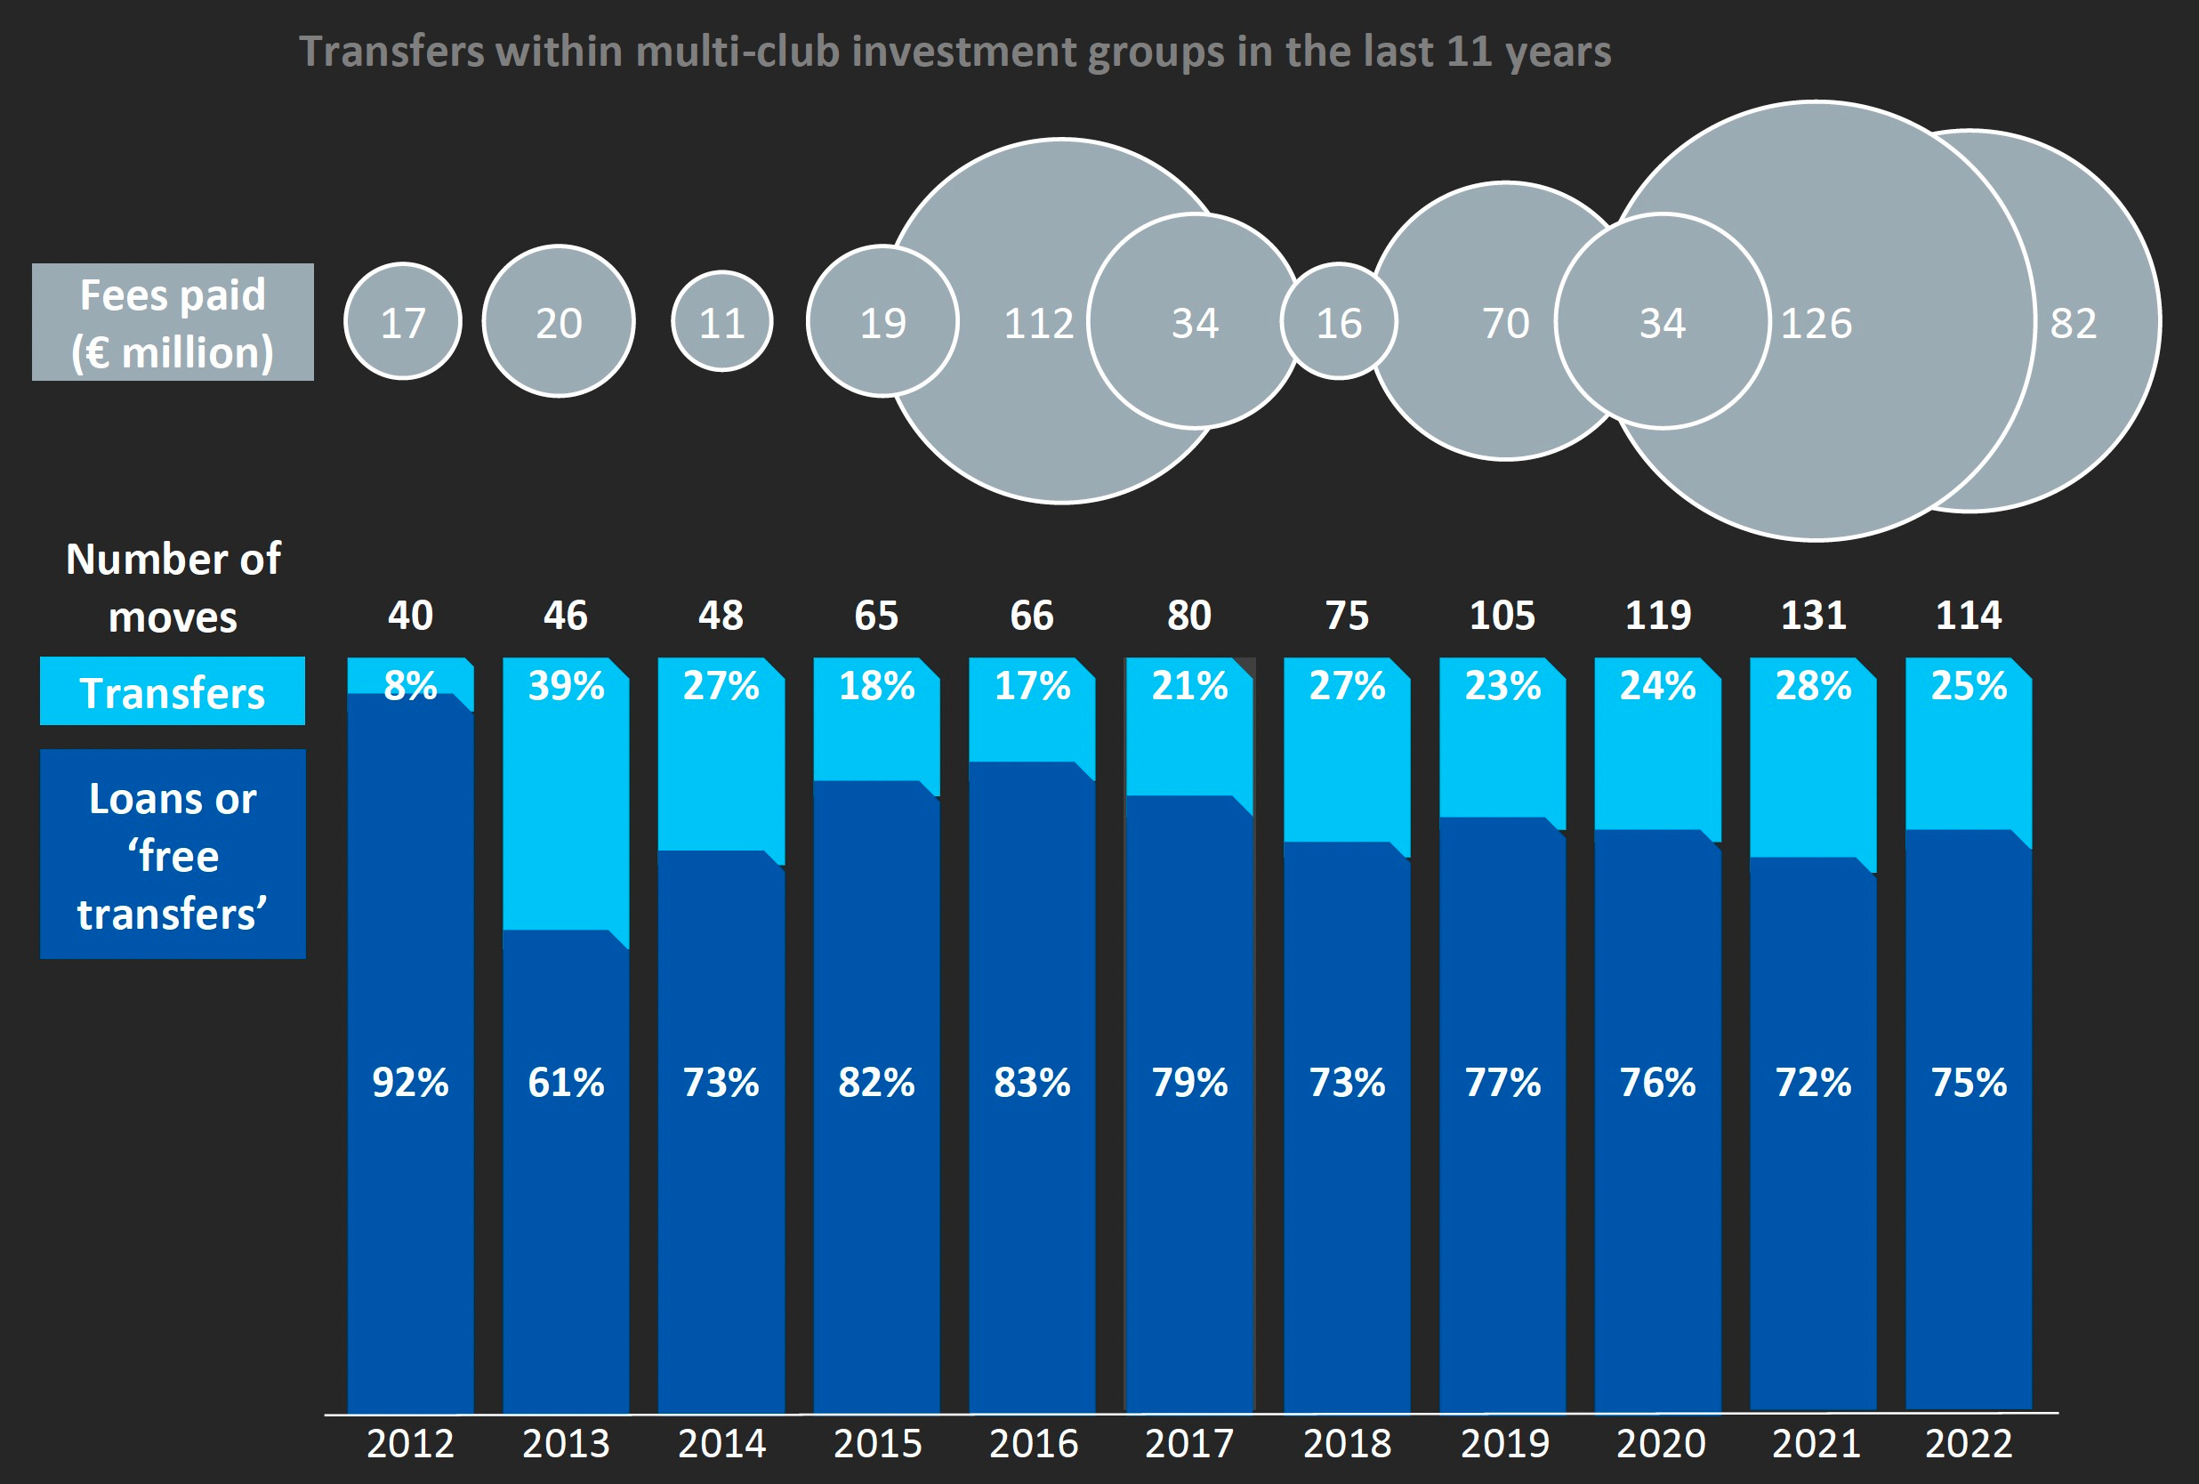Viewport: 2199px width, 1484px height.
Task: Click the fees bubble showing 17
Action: [x=402, y=323]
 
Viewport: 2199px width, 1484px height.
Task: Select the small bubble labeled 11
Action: [x=722, y=323]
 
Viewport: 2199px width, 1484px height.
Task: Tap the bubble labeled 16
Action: [x=1338, y=323]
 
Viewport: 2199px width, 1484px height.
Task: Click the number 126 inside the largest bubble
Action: [x=1816, y=324]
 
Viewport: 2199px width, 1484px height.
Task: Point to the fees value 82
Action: [x=2074, y=324]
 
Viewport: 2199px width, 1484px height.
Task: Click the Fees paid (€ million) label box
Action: [x=173, y=323]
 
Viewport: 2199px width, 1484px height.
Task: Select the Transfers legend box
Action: [x=173, y=692]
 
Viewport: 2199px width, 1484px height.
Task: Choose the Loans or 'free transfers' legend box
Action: [x=173, y=855]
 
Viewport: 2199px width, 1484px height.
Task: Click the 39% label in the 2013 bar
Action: [x=566, y=686]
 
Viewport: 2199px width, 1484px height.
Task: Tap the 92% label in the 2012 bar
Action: [x=410, y=1082]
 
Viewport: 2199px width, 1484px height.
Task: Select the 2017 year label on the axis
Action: [x=1189, y=1443]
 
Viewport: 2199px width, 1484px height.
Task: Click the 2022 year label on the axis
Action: [x=1968, y=1443]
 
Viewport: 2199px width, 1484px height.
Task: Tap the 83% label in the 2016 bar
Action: [x=1031, y=1082]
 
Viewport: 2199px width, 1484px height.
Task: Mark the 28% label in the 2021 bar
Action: [x=1813, y=686]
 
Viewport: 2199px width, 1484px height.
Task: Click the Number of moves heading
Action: [x=173, y=587]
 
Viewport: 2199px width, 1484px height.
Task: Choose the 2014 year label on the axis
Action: [x=722, y=1443]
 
